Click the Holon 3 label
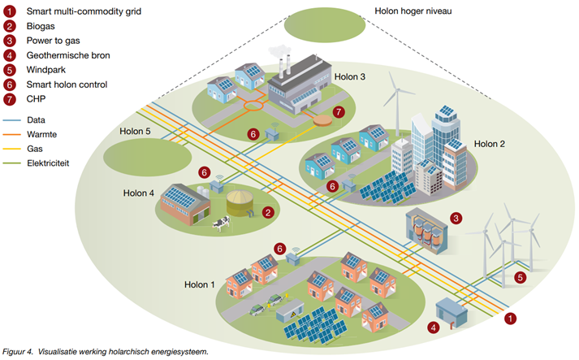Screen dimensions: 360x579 pos(350,77)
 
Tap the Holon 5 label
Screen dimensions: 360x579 pos(136,131)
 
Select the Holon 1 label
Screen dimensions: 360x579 pos(200,284)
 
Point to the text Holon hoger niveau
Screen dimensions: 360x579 pos(413,12)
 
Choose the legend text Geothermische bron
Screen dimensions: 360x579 pos(68,55)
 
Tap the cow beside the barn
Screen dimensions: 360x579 pos(218,225)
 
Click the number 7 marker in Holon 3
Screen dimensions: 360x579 pos(339,112)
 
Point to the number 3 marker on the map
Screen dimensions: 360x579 pos(456,218)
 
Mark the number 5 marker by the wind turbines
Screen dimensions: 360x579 pos(521,276)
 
